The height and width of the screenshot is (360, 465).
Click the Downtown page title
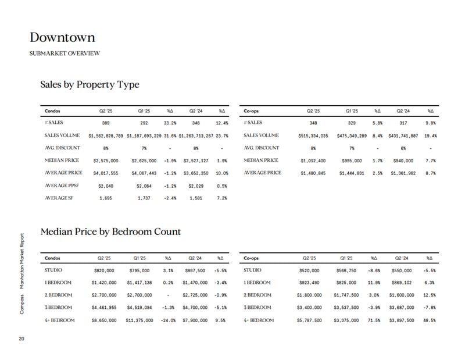[62, 37]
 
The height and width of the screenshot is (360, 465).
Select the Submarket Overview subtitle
[65, 54]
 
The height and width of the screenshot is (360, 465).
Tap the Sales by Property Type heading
[90, 84]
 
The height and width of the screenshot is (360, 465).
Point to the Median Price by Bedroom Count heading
[110, 231]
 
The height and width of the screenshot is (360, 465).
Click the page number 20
[22, 338]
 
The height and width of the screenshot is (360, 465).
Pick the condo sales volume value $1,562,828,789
[106, 136]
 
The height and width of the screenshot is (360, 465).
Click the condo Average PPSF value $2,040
[106, 186]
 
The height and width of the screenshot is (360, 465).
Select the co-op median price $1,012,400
[313, 161]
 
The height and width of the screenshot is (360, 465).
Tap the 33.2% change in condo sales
[170, 123]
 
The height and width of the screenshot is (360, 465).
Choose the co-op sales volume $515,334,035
[313, 136]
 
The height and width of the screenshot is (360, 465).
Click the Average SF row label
[59, 198]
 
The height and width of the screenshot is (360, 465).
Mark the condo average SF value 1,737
[144, 198]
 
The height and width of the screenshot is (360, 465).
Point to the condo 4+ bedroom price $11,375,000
[139, 320]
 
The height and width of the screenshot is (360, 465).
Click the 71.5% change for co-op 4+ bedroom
[374, 320]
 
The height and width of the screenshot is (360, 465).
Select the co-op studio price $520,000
[309, 270]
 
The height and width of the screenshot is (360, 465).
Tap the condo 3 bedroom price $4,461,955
[104, 308]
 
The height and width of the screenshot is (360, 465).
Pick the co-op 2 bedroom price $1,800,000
[309, 295]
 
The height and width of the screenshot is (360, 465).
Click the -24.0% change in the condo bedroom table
[168, 320]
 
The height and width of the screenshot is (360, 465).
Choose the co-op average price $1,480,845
[313, 173]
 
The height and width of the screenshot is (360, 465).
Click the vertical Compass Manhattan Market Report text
[22, 274]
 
